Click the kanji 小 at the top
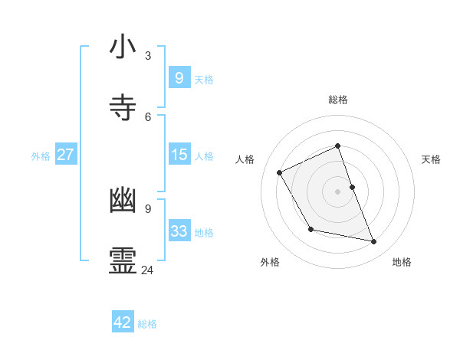(x=123, y=47)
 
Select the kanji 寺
(x=123, y=108)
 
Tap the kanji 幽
(x=123, y=201)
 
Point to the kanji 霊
(x=123, y=261)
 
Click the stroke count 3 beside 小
(x=148, y=55)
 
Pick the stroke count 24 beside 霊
(x=148, y=270)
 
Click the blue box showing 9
(x=179, y=77)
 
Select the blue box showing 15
(x=179, y=155)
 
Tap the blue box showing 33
(x=179, y=231)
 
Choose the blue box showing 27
(x=65, y=155)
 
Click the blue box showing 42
(x=123, y=322)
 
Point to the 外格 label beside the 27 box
(x=41, y=155)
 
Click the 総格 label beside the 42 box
(x=147, y=323)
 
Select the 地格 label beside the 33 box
(x=204, y=232)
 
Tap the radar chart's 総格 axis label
(x=338, y=100)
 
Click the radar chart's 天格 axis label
(x=432, y=159)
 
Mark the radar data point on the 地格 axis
(x=374, y=242)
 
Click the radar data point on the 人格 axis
(x=280, y=172)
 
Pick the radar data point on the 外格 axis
(x=310, y=229)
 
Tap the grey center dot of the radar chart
(x=338, y=191)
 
